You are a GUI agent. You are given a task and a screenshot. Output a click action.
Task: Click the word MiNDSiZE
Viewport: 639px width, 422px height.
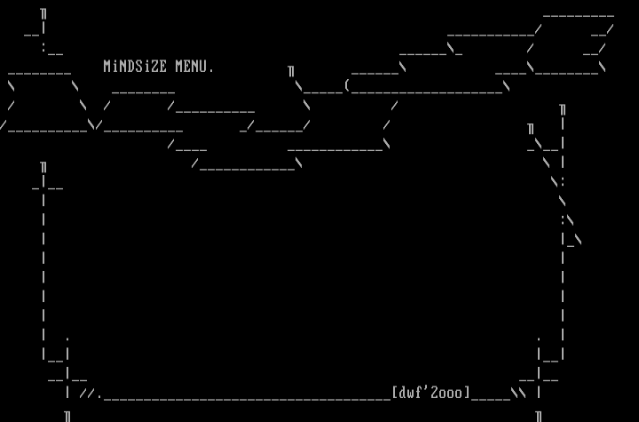pyautogui.click(x=135, y=67)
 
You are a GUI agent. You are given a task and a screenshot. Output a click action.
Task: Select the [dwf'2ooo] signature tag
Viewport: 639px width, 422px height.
pyautogui.click(x=431, y=393)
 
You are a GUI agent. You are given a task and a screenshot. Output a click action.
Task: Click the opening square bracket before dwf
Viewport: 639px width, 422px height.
pyautogui.click(x=394, y=393)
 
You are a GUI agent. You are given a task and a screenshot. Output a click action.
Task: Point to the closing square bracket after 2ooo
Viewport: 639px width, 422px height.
pyautogui.click(x=468, y=393)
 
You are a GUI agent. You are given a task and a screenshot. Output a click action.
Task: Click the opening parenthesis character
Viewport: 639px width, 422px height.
pyautogui.click(x=347, y=86)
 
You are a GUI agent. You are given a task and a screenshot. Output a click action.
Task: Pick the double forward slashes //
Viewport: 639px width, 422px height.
pyautogui.click(x=87, y=393)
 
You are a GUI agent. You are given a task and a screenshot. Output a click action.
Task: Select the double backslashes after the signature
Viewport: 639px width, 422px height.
pyautogui.click(x=517, y=393)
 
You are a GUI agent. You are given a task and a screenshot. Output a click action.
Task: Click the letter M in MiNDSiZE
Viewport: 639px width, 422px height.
pyautogui.click(x=107, y=67)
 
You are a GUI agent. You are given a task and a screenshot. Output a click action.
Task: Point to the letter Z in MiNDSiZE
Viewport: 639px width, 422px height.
pyautogui.click(x=155, y=67)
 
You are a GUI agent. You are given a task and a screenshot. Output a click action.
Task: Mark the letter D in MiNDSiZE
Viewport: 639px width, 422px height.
pyautogui.click(x=131, y=67)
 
